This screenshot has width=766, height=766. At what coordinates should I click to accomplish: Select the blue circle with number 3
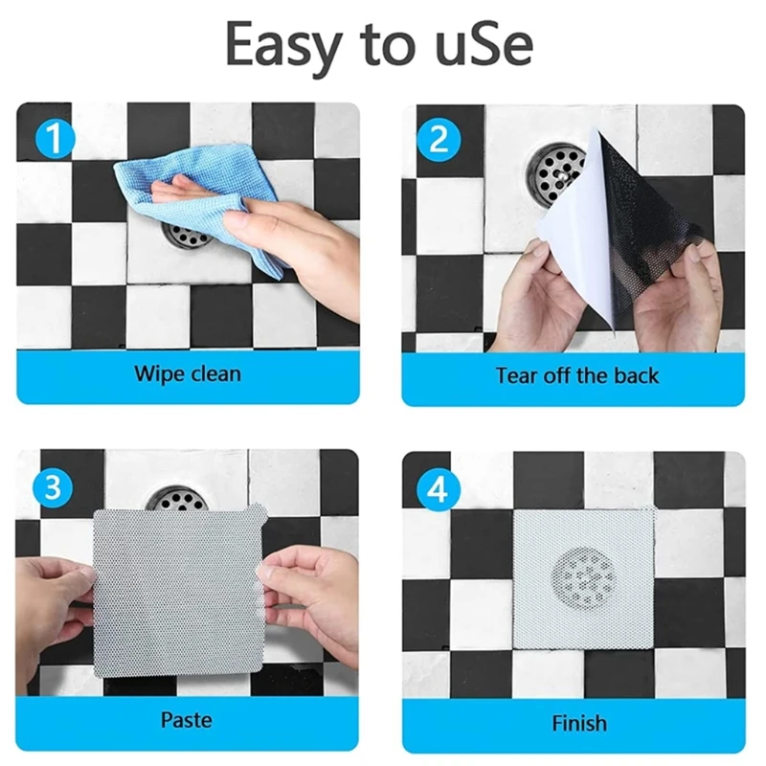click(54, 485)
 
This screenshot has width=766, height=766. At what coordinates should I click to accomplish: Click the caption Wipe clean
click(188, 372)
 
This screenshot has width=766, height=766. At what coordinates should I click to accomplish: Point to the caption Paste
click(188, 719)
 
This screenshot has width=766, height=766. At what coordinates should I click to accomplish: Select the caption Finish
click(578, 721)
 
